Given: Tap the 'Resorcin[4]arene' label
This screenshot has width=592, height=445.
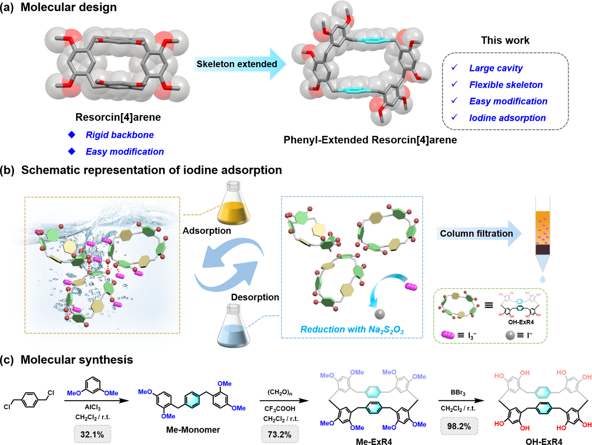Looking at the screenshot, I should (118, 117).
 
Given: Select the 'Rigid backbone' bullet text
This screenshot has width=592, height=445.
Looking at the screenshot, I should (120, 135).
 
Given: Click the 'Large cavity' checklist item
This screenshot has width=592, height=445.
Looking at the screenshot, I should (496, 68).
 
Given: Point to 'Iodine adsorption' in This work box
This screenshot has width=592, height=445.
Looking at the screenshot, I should (507, 118).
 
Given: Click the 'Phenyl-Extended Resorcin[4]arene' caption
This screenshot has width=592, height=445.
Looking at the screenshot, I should (370, 140).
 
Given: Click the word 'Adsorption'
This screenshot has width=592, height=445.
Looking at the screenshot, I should (207, 231).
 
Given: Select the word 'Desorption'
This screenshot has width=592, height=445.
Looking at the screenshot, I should (255, 297).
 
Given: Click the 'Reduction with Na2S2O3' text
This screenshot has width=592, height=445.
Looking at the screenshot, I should (352, 330).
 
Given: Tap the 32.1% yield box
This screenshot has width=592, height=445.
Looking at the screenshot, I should (92, 434).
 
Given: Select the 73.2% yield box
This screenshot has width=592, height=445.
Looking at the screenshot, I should (279, 434).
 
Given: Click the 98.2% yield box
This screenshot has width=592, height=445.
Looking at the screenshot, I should (458, 426).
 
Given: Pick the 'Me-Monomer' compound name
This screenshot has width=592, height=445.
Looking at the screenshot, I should (193, 430).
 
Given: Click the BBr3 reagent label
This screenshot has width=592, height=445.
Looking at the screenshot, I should (458, 393).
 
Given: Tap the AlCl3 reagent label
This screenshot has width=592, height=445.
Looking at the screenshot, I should (92, 407).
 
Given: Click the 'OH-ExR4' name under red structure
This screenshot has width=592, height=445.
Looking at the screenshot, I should (544, 441).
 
